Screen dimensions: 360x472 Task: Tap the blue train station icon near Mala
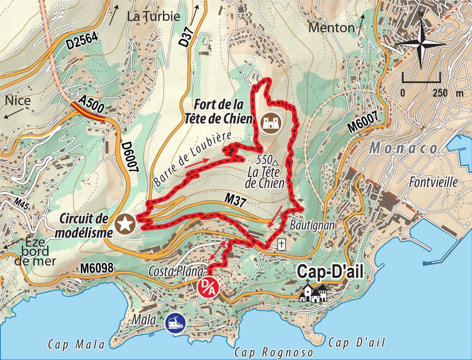175,323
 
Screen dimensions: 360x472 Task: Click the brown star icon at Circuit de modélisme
125,225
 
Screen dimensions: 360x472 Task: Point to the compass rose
420,41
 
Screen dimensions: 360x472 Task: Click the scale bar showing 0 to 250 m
421,81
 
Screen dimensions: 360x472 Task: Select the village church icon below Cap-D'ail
313,292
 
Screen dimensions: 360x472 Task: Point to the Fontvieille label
433,182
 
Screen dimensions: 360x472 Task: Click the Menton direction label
331,28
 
